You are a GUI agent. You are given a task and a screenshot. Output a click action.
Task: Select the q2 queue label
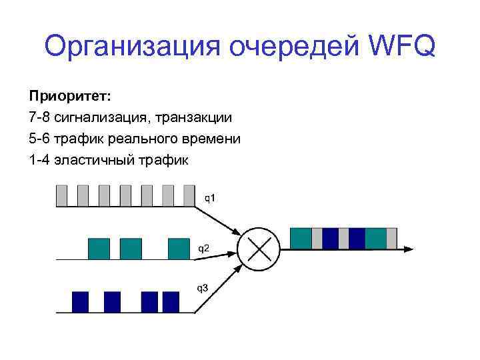tap(203, 247)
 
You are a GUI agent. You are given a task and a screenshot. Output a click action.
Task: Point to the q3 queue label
tap(201, 288)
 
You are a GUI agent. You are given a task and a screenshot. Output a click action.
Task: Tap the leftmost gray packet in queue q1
tap(61, 195)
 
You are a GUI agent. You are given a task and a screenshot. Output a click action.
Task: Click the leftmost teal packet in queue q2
tap(99, 248)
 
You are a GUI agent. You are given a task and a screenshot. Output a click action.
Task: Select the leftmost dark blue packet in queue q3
tap(80, 301)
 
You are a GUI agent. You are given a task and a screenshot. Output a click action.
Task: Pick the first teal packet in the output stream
tap(301, 237)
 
